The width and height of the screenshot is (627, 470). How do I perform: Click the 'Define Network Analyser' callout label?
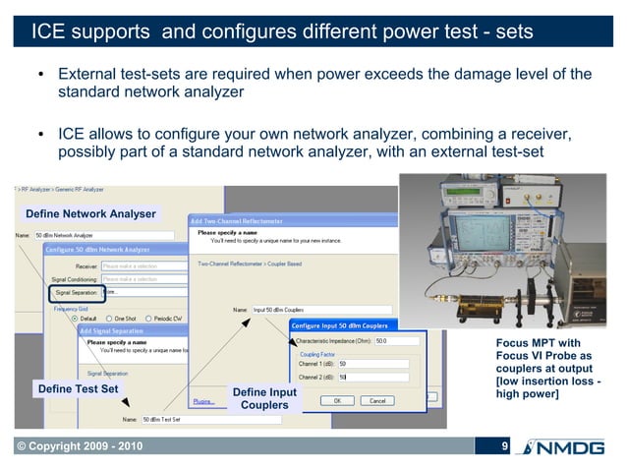(90, 213)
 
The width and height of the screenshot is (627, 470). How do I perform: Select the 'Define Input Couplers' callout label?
(264, 398)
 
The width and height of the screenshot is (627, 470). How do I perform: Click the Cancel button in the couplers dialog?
(377, 400)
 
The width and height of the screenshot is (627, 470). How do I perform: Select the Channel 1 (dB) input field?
(378, 363)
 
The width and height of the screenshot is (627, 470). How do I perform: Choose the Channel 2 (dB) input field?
(378, 377)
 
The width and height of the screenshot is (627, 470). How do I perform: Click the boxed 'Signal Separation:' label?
(75, 291)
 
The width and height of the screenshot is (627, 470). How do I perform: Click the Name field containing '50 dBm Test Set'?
(167, 419)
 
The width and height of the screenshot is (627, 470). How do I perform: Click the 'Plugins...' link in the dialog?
(203, 400)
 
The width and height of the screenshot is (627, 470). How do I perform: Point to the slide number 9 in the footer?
(504, 447)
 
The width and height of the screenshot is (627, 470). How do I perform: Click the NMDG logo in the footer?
(568, 448)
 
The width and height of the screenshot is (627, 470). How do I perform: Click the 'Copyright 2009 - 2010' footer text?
(78, 448)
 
